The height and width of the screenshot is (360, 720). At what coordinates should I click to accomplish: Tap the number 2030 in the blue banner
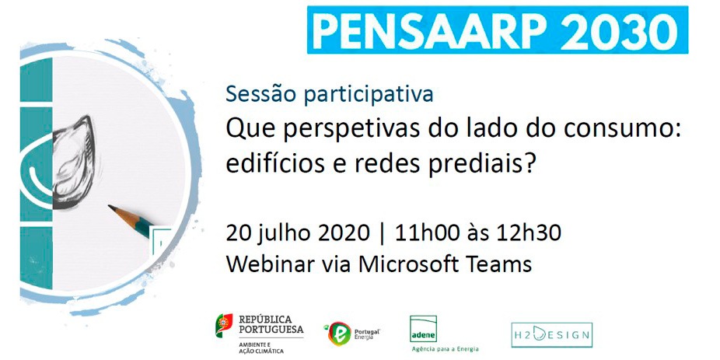(x=619, y=30)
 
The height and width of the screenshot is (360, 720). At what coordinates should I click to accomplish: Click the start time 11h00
(x=420, y=234)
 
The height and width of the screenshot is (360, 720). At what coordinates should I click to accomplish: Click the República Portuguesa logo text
(x=271, y=325)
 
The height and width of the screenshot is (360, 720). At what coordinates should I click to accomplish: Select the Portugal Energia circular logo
(x=339, y=334)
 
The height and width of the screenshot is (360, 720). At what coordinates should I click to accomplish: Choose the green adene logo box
(x=423, y=329)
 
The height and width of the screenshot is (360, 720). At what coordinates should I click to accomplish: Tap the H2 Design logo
(x=552, y=335)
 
